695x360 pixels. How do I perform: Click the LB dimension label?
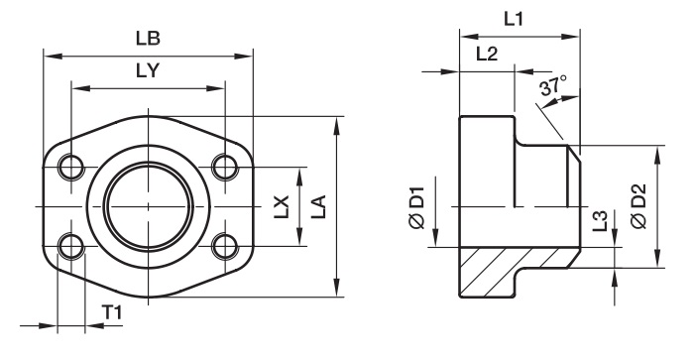[x=148, y=39]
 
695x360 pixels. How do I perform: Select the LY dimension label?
[x=148, y=70]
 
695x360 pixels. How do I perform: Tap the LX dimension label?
[x=281, y=206]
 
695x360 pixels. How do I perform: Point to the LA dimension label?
[x=318, y=206]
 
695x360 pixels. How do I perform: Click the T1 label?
[x=112, y=313]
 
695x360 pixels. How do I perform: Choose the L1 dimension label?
[x=514, y=19]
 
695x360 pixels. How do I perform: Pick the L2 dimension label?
[x=487, y=55]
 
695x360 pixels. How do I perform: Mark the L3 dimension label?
[x=600, y=220]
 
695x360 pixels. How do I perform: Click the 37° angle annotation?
[x=552, y=84]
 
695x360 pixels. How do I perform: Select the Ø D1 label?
[x=417, y=207]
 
